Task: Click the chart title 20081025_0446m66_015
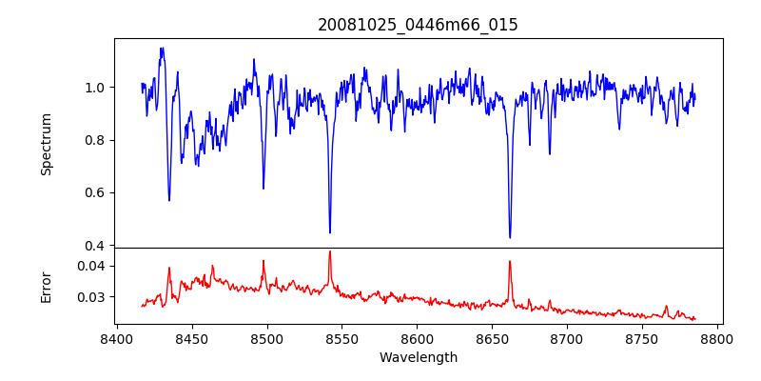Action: tap(418, 25)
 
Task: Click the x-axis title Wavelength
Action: tap(418, 358)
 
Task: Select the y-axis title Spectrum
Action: tap(47, 144)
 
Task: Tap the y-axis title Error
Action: tap(47, 286)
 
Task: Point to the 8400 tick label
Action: tap(116, 338)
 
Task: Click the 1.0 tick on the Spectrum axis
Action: tap(96, 88)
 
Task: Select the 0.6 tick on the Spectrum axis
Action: tap(96, 192)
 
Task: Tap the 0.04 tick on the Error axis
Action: tap(92, 266)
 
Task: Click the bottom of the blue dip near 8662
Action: tap(510, 237)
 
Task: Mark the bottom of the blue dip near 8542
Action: tap(330, 232)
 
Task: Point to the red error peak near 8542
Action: tap(330, 251)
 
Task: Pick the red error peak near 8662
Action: tap(510, 261)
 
